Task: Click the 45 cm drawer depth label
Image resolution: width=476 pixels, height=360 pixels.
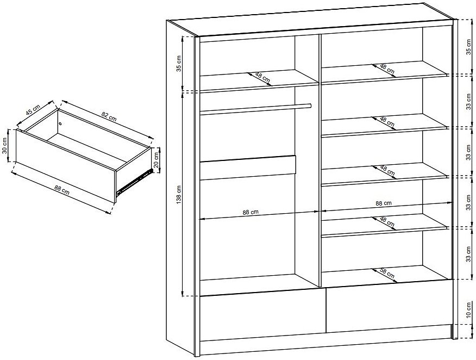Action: (x=33, y=110)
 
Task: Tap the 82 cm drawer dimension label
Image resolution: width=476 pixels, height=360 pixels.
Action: (x=109, y=116)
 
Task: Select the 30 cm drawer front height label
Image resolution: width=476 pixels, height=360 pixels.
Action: (x=4, y=146)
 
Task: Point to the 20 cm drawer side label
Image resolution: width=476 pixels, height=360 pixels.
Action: (x=156, y=160)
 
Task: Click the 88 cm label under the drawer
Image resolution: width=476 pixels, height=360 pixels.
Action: (x=62, y=190)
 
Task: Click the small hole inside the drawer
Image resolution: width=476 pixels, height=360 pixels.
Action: (x=60, y=123)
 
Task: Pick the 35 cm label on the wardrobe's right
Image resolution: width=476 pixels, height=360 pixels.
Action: (x=469, y=47)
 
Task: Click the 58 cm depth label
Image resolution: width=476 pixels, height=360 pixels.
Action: (x=387, y=274)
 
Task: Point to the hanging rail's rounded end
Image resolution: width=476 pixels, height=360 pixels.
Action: (x=309, y=105)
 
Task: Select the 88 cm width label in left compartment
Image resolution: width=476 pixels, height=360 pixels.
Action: (x=250, y=212)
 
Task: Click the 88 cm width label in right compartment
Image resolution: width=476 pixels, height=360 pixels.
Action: (x=384, y=203)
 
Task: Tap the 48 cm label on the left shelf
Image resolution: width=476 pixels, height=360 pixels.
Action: (x=262, y=77)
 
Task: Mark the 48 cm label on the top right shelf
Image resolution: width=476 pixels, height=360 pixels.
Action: (x=387, y=69)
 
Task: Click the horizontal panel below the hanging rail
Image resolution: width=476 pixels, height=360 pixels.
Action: (x=248, y=168)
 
